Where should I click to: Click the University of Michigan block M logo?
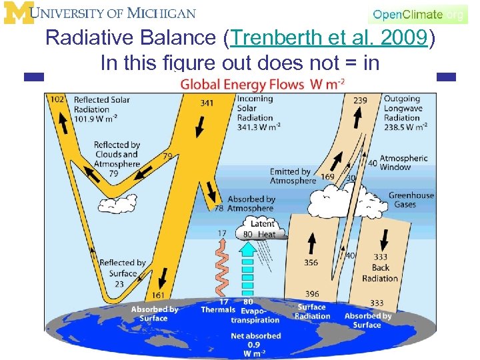[x=17, y=13]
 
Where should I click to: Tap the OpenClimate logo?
[x=417, y=14]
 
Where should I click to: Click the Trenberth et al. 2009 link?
[x=327, y=39]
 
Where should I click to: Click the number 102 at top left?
[x=58, y=99]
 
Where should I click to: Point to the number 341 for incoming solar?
[x=207, y=103]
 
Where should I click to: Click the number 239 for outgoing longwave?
[x=360, y=100]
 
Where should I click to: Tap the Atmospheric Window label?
[x=404, y=163]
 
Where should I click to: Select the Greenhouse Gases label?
[x=411, y=200]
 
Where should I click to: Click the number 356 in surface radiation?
[x=311, y=263]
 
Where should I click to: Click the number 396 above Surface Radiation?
[x=312, y=294]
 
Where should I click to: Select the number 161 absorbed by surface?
[x=159, y=295]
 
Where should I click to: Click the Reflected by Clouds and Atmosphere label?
[x=117, y=155]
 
